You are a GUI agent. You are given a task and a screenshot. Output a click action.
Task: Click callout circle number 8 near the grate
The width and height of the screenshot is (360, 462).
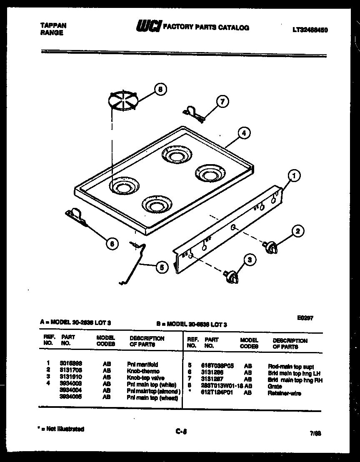point(160,89)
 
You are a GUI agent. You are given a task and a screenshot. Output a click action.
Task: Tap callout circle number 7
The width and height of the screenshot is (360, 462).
point(222,101)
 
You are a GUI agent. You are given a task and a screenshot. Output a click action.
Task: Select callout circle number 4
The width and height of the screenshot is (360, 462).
point(244,133)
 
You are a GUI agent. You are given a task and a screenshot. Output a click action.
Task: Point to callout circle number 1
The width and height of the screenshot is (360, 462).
point(294,176)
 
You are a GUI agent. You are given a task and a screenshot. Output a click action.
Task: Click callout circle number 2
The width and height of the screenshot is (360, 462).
point(297,231)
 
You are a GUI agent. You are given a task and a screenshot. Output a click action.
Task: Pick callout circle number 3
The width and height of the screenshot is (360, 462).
point(250,260)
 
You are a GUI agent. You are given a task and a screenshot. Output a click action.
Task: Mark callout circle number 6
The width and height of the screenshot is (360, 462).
point(112,244)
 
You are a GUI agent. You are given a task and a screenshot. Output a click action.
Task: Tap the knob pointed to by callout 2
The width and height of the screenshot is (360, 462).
point(270,247)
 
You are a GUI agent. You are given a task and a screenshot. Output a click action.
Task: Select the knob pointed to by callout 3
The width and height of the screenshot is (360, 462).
point(232,277)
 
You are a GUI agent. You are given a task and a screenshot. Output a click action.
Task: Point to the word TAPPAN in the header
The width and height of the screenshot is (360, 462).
point(53,25)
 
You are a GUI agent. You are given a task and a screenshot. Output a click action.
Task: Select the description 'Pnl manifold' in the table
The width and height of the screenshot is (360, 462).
point(142,365)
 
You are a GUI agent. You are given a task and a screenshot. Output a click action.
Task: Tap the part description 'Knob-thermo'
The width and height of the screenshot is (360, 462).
point(143,371)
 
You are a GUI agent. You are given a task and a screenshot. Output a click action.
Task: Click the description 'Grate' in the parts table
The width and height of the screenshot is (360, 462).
point(275,386)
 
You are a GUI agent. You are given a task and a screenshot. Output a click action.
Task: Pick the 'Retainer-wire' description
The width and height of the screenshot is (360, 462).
point(284,393)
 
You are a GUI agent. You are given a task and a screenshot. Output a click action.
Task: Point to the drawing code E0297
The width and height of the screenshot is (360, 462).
point(305,317)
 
